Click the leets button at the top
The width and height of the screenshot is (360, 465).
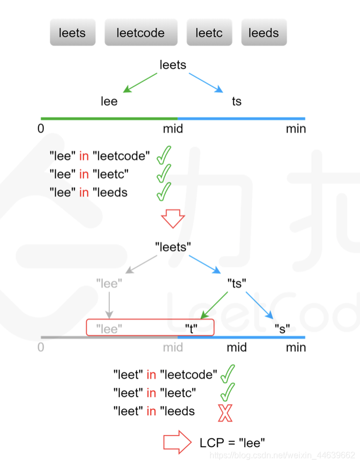point(72,33)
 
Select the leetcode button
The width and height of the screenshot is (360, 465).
point(140,33)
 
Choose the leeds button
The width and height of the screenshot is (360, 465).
point(264,33)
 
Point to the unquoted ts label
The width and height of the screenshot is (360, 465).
point(237,101)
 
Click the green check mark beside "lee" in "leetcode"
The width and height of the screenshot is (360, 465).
point(164,155)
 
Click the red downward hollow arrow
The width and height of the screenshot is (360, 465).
point(173,219)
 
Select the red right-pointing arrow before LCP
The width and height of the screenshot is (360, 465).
point(177,442)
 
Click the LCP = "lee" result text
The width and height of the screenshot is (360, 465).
point(232,442)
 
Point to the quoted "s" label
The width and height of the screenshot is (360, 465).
point(282,328)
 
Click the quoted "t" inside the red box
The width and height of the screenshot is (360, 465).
point(191,328)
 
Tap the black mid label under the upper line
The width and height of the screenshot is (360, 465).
point(173,129)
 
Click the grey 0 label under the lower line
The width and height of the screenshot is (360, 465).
point(41,347)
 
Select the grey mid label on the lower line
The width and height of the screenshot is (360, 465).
point(173,347)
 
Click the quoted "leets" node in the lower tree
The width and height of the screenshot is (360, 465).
point(173,247)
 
